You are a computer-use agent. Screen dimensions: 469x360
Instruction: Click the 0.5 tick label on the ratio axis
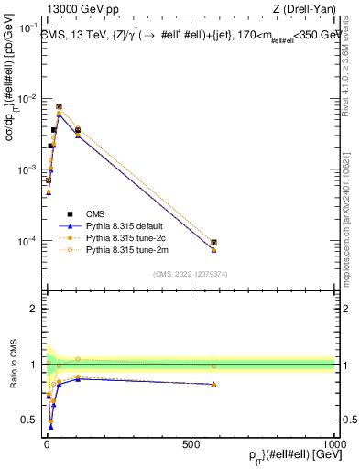27,420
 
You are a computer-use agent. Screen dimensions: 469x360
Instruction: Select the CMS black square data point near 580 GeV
213,243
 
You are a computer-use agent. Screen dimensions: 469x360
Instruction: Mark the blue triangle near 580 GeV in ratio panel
213,384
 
